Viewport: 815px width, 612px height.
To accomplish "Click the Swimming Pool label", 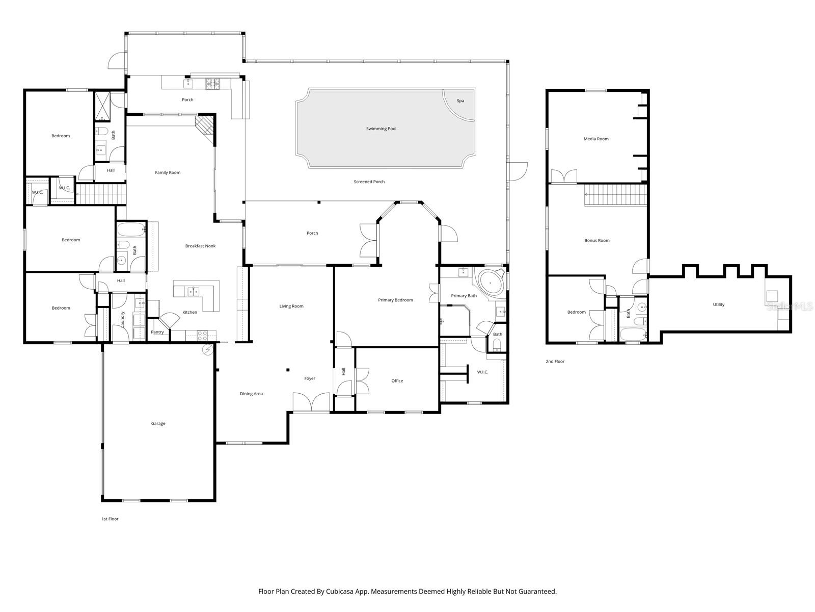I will pyautogui.click(x=381, y=129).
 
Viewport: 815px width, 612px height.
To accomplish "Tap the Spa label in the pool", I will pyautogui.click(x=460, y=101).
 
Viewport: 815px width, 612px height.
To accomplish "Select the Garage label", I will pyautogui.click(x=158, y=423).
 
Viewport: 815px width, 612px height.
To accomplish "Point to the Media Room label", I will pyautogui.click(x=595, y=139).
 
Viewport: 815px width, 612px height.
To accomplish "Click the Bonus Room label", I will pyautogui.click(x=596, y=240).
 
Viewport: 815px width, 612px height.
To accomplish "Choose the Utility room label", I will pyautogui.click(x=718, y=304).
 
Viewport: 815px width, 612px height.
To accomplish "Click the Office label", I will pyautogui.click(x=397, y=380).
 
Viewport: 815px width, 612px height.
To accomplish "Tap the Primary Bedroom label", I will pyautogui.click(x=395, y=300).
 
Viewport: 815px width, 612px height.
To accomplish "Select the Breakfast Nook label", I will pyautogui.click(x=200, y=246).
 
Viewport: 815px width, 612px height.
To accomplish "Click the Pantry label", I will pyautogui.click(x=157, y=332).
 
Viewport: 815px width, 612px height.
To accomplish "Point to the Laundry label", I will pyautogui.click(x=123, y=319).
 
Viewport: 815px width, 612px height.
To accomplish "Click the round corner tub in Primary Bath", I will pyautogui.click(x=491, y=282).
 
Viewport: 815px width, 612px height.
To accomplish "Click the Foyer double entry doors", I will pyautogui.click(x=311, y=403).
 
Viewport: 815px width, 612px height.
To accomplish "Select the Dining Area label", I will pyautogui.click(x=251, y=393).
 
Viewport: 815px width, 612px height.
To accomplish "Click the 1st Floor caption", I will pyautogui.click(x=110, y=519).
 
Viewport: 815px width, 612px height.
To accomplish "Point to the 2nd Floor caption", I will pyautogui.click(x=555, y=361).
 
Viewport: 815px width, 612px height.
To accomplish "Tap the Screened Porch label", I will pyautogui.click(x=369, y=182).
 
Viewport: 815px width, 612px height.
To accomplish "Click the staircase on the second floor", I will pyautogui.click(x=615, y=195).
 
